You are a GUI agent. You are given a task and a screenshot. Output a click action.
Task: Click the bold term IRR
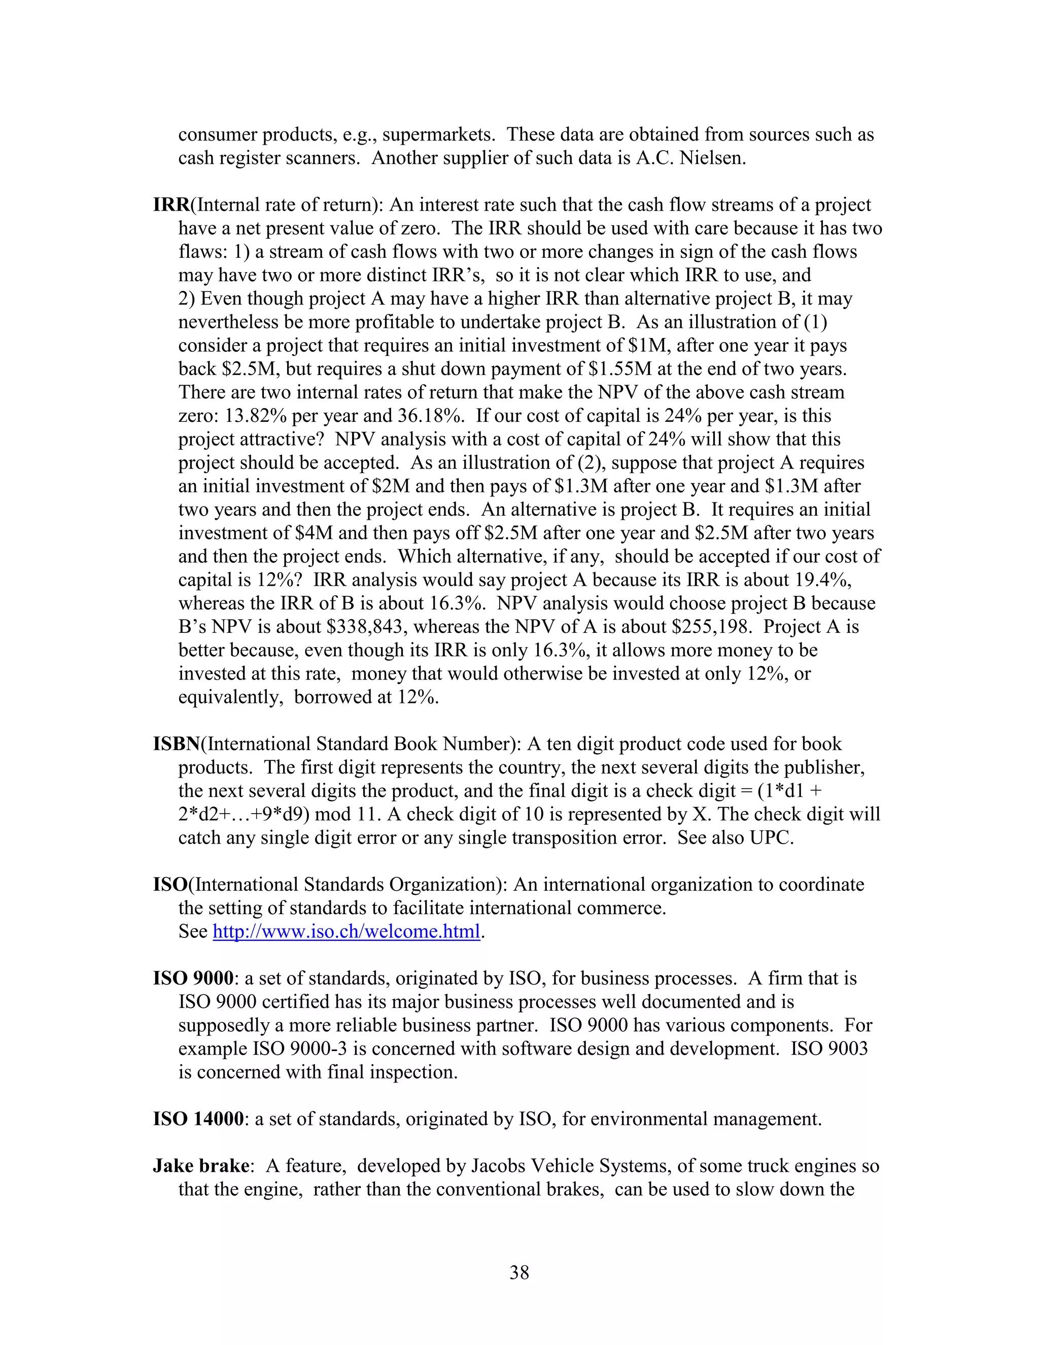(x=171, y=205)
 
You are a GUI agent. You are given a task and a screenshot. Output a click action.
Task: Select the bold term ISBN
(x=177, y=744)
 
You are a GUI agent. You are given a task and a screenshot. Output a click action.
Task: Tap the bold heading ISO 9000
(x=193, y=979)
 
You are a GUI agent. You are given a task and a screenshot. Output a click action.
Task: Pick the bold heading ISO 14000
(x=198, y=1119)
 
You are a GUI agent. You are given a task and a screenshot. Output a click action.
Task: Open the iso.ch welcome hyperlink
(x=346, y=932)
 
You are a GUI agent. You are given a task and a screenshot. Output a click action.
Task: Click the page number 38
(x=519, y=1272)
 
